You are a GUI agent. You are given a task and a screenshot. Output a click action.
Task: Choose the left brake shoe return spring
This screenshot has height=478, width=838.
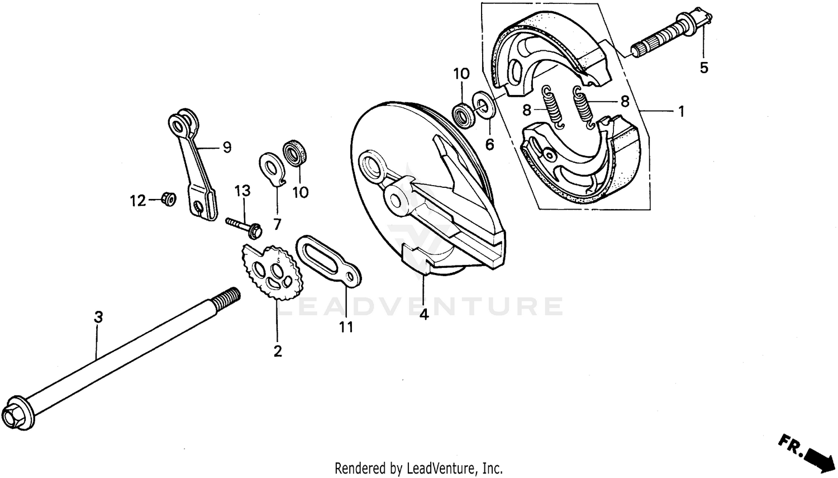pos(554,106)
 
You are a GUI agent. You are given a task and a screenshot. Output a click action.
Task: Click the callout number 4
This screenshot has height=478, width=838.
pos(424,315)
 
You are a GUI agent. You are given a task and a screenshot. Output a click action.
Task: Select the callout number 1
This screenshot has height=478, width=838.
pos(681,111)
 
